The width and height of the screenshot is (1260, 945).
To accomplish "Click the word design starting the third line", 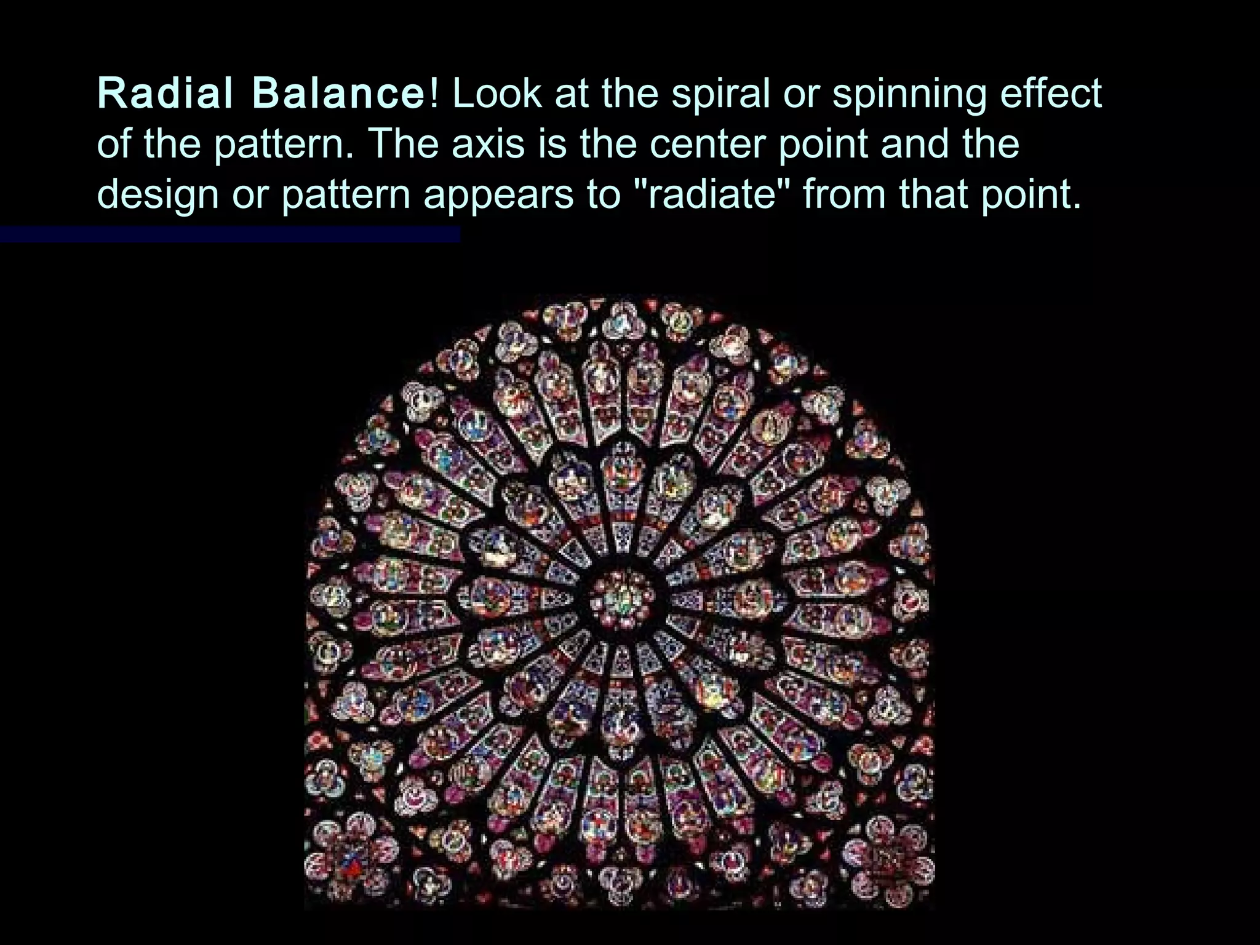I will pos(158,196).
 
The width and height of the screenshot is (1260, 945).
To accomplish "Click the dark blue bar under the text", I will pos(229,234).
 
